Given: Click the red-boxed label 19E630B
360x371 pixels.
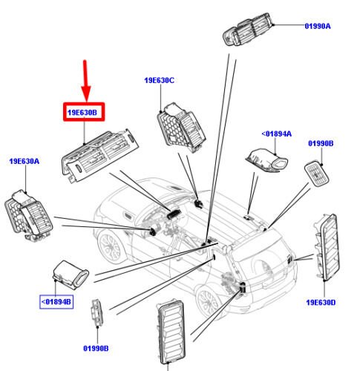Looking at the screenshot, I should tap(83, 114).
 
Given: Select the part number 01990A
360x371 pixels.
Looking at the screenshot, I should tap(318, 26).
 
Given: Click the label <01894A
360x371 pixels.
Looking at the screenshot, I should tap(277, 134).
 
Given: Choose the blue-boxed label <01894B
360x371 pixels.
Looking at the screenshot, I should tap(56, 301).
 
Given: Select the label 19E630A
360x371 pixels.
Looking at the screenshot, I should tap(24, 161).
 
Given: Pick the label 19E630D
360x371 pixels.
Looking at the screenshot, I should tap(322, 303).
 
